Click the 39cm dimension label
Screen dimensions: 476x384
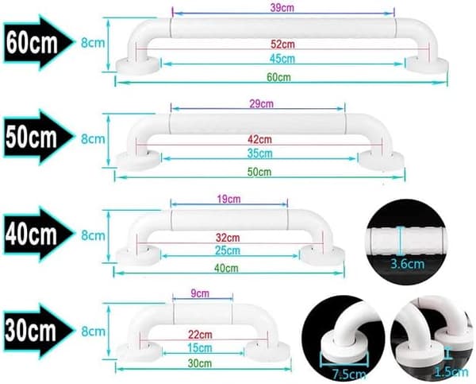tap(282, 8)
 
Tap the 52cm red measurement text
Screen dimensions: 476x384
tap(282, 44)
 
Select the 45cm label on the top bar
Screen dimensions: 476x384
tap(282, 58)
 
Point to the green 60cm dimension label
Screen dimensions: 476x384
tap(279, 77)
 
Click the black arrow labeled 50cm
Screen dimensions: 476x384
tap(39, 138)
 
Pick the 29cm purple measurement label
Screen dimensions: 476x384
tap(261, 104)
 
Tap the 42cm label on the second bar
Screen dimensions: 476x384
tap(259, 139)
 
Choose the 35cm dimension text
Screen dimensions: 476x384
tap(260, 153)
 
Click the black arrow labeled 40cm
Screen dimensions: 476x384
tap(39, 235)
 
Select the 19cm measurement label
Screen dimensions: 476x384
tap(229, 199)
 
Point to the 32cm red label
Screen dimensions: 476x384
tap(228, 238)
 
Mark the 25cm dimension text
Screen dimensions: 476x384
tap(228, 250)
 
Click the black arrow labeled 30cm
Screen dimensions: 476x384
tap(39, 331)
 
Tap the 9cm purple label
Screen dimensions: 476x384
tap(200, 293)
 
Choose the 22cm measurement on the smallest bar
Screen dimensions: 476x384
tap(200, 335)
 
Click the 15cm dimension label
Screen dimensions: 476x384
tap(199, 347)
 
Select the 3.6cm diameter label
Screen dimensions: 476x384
tap(407, 264)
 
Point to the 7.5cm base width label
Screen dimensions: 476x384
tap(348, 374)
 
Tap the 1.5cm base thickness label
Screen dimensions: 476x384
tap(451, 372)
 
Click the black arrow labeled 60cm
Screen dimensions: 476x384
tap(39, 43)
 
